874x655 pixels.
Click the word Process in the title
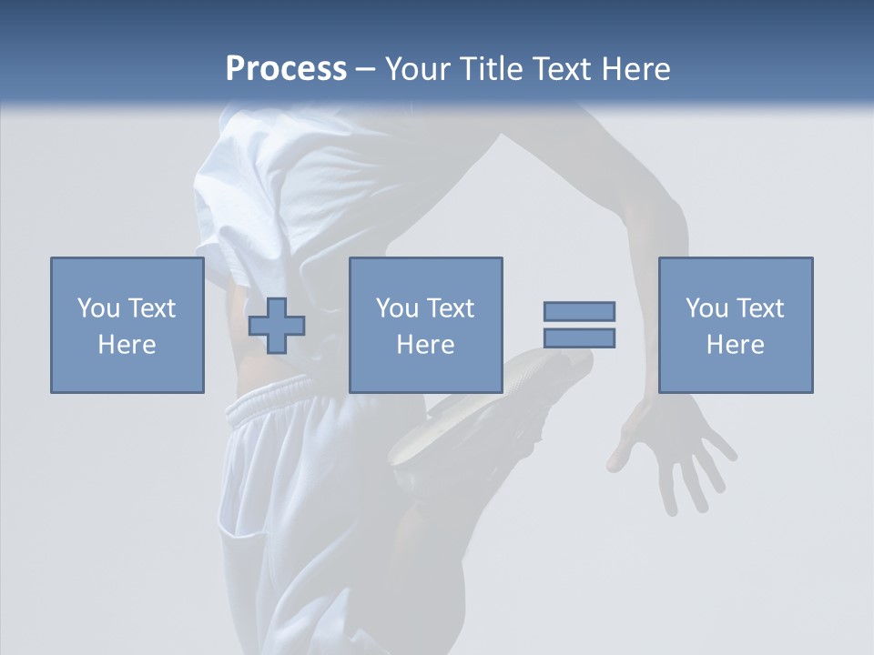point(286,69)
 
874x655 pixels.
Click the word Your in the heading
point(419,69)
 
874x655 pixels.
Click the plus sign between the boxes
point(277,326)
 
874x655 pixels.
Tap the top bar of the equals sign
point(579,311)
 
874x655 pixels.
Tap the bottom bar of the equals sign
point(579,338)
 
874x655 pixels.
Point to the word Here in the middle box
point(425,345)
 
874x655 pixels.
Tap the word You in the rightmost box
point(706,308)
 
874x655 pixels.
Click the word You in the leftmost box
point(98,308)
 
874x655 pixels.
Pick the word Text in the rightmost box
point(758,308)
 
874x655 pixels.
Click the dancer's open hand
point(678,450)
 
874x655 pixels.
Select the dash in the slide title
point(366,69)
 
